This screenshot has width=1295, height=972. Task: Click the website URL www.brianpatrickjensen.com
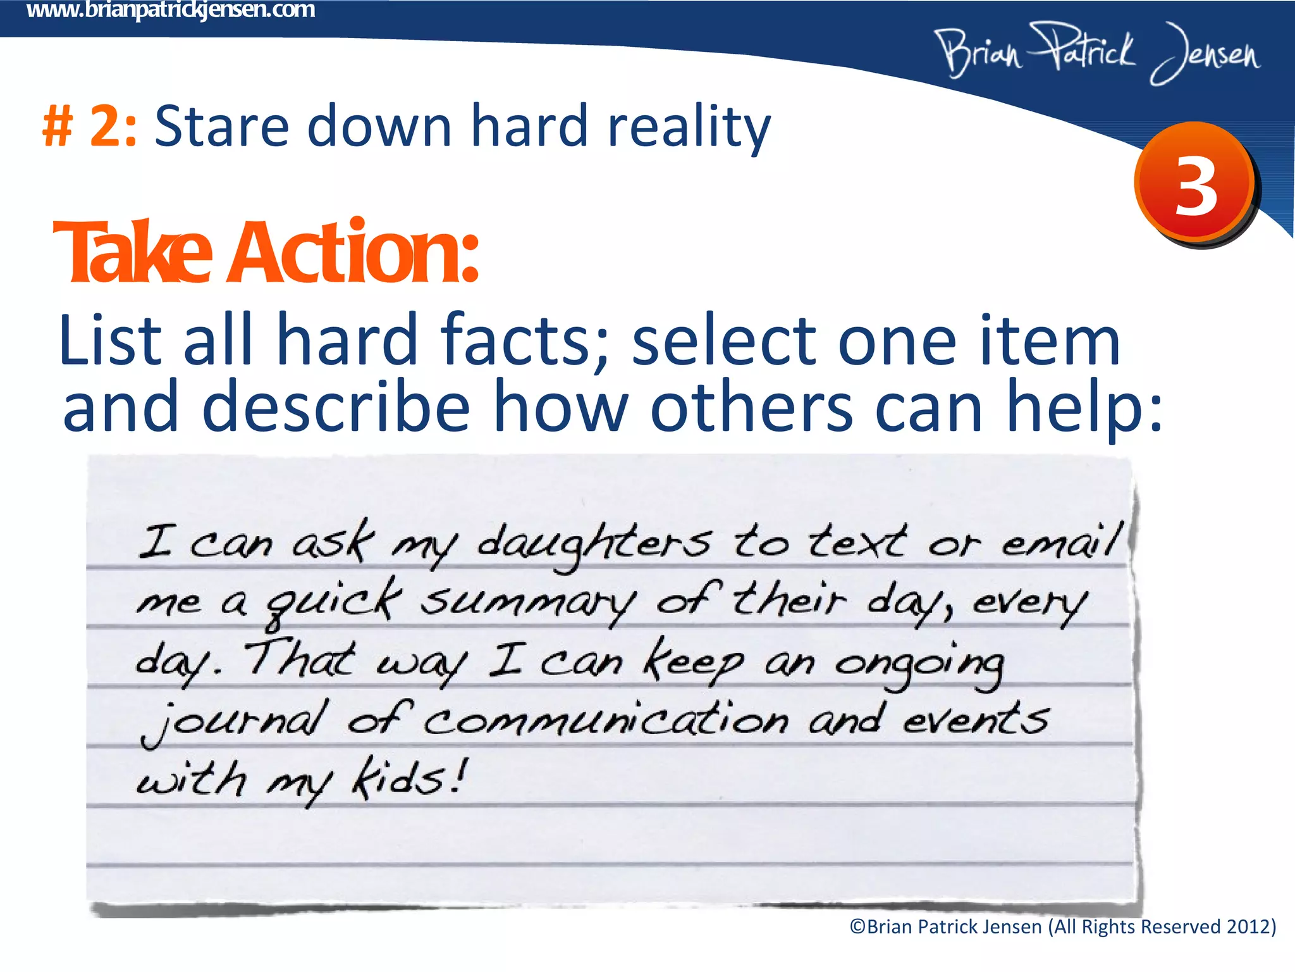171,10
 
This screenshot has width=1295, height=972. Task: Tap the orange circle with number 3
1194,182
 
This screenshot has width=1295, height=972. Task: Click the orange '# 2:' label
89,126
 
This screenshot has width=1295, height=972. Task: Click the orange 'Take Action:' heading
266,252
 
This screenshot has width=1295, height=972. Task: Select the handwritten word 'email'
1062,542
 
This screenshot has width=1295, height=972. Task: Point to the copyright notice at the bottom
1062,927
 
